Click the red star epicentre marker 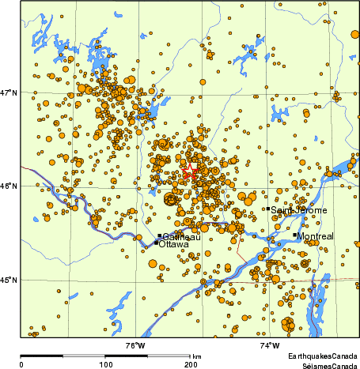(x=189, y=173)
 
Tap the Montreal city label (x=316, y=236)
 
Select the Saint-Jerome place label (x=299, y=211)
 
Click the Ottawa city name (x=174, y=245)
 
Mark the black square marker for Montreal (x=295, y=235)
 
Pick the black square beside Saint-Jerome (x=269, y=209)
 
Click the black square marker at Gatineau (x=159, y=235)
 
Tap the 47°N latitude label (x=9, y=92)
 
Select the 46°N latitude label (x=9, y=186)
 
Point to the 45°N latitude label (x=9, y=280)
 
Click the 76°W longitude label (x=135, y=345)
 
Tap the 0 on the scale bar (x=21, y=364)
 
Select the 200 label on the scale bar (x=190, y=364)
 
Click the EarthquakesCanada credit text (x=323, y=357)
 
